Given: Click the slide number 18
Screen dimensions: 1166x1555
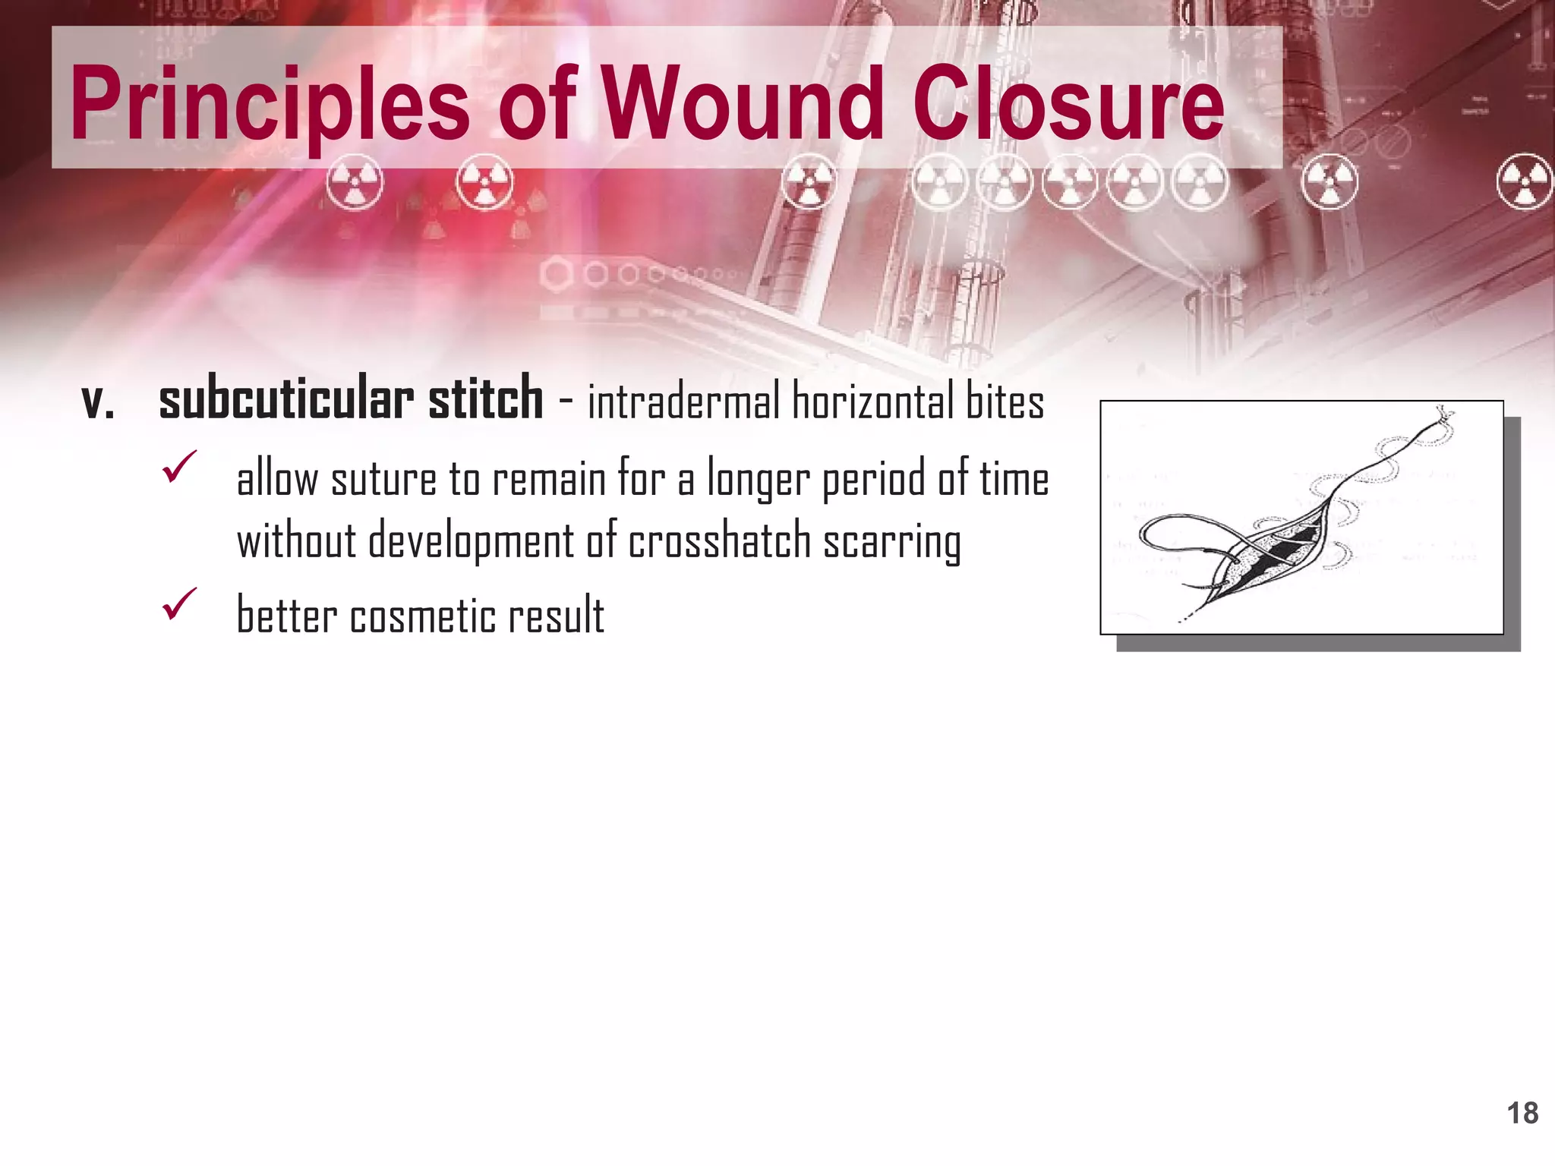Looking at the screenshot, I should point(1522,1114).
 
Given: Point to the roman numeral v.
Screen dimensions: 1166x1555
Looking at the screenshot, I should point(98,402).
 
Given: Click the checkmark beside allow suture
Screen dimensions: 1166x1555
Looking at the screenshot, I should point(180,467).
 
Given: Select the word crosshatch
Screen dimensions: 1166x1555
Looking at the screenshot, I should point(719,541).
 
